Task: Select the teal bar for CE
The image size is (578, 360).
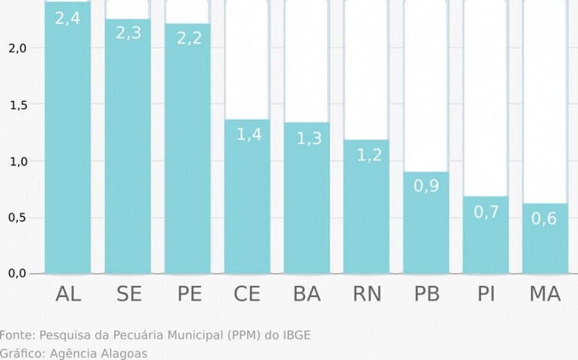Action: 247,202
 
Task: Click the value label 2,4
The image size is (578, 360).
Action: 68,18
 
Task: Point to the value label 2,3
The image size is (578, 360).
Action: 128,33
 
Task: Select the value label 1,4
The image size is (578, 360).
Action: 247,134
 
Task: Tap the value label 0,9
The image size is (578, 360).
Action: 426,185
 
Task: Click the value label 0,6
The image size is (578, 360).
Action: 545,218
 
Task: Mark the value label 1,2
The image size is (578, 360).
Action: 366,155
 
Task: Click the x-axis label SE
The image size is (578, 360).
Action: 128,294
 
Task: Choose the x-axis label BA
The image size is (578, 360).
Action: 306,294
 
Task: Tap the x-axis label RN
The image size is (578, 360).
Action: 366,294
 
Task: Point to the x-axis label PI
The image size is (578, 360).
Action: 486,294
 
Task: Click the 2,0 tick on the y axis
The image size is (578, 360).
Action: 17,49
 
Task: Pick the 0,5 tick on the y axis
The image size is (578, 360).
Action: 17,218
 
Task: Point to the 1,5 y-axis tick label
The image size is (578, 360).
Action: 17,105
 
